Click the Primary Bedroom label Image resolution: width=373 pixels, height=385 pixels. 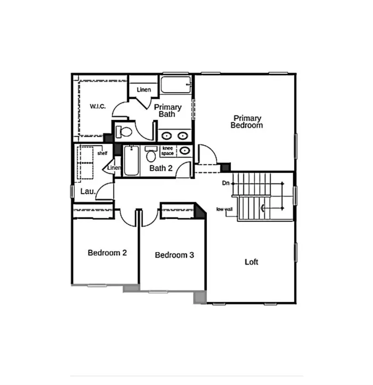coord(247,122)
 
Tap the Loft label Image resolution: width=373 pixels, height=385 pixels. coord(251,262)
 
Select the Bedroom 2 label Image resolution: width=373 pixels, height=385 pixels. coord(108,253)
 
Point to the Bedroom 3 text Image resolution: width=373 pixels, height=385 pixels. coord(174,255)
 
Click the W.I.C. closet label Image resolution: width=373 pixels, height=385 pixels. coord(97,107)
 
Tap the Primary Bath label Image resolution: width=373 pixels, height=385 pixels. coord(168,110)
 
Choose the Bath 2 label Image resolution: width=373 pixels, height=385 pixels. coord(161,168)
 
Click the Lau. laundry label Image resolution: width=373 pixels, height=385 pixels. coord(87,191)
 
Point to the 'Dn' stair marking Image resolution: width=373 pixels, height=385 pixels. coord(225,183)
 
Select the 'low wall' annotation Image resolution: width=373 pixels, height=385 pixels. coord(224,209)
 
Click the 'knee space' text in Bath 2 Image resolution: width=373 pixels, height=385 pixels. coord(168,150)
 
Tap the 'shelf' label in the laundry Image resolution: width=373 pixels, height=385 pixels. coord(102,153)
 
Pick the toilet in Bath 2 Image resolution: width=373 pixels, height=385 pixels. coord(151,155)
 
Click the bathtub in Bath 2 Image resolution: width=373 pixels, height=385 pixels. coord(131,160)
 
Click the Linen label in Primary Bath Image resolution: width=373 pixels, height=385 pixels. coord(144,89)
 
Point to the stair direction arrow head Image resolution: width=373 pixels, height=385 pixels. coord(263,208)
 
